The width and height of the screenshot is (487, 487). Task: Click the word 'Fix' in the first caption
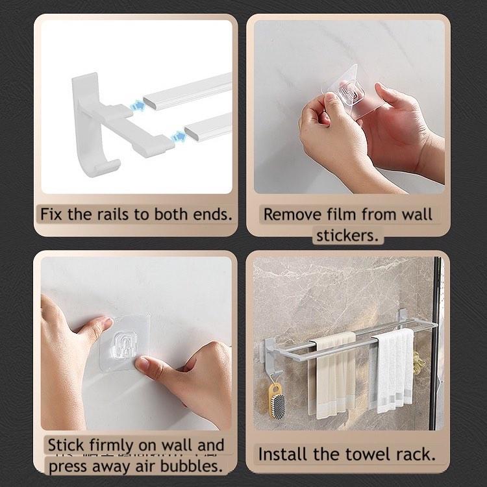click(51, 214)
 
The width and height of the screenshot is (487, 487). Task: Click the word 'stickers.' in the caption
click(347, 236)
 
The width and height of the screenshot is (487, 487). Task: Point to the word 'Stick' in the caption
click(66, 445)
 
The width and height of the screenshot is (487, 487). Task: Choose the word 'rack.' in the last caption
click(416, 454)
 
